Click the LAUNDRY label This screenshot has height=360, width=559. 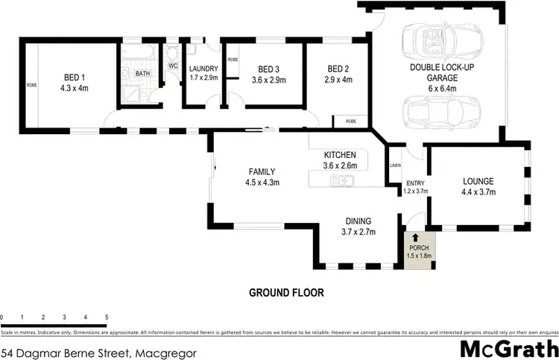pyautogui.click(x=203, y=68)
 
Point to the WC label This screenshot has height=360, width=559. pyautogui.click(x=173, y=66)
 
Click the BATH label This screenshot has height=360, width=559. pyautogui.click(x=140, y=73)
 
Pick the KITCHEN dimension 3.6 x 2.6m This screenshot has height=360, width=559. pyautogui.click(x=339, y=165)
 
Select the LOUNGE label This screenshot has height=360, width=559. pyautogui.click(x=479, y=181)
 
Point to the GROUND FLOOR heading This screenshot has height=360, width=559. pyautogui.click(x=286, y=293)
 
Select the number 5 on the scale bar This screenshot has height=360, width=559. pyautogui.click(x=107, y=317)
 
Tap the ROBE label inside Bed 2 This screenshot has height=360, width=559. pyautogui.click(x=350, y=121)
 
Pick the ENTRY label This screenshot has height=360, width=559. pyautogui.click(x=414, y=184)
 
